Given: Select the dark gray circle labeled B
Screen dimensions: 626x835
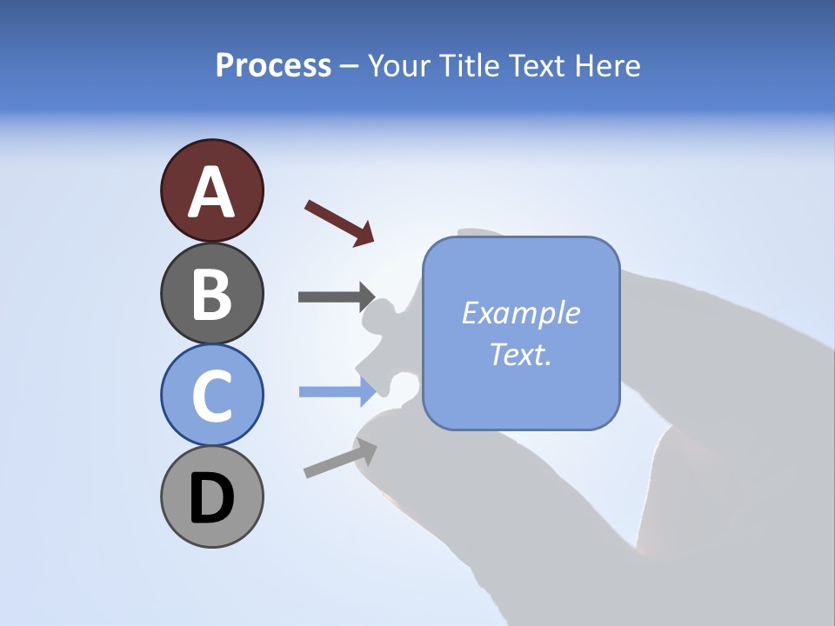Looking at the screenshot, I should pos(211,294).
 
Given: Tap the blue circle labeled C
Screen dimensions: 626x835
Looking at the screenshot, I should pos(211,395).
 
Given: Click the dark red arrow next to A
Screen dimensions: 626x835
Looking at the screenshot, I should pos(339,223).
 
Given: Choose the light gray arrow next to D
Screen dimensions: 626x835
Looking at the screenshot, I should pos(340,458).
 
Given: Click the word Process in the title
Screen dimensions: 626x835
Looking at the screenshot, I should pos(273,65).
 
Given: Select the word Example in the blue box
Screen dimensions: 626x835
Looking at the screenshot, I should pos(520,313).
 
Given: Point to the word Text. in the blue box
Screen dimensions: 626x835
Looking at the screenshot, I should pos(520,354).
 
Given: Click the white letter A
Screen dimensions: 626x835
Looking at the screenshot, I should pos(211,192).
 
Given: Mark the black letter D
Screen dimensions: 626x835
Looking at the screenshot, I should pos(211,498).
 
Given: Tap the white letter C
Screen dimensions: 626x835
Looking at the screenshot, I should pos(211,396).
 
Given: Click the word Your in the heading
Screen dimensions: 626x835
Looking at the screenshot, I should pos(399,65).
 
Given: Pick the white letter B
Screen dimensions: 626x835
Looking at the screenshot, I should pos(211,294).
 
